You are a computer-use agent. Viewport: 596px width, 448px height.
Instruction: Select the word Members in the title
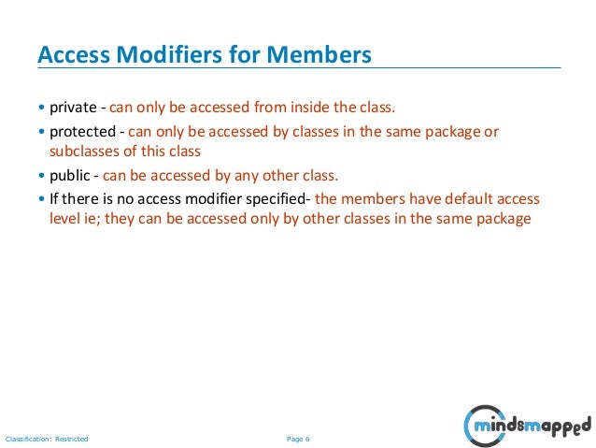(x=319, y=55)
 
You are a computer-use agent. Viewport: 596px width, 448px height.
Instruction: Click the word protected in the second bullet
(x=82, y=132)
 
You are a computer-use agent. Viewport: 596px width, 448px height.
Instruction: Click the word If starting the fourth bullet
(x=55, y=200)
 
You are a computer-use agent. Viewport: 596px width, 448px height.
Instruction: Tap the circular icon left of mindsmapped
(x=478, y=426)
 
